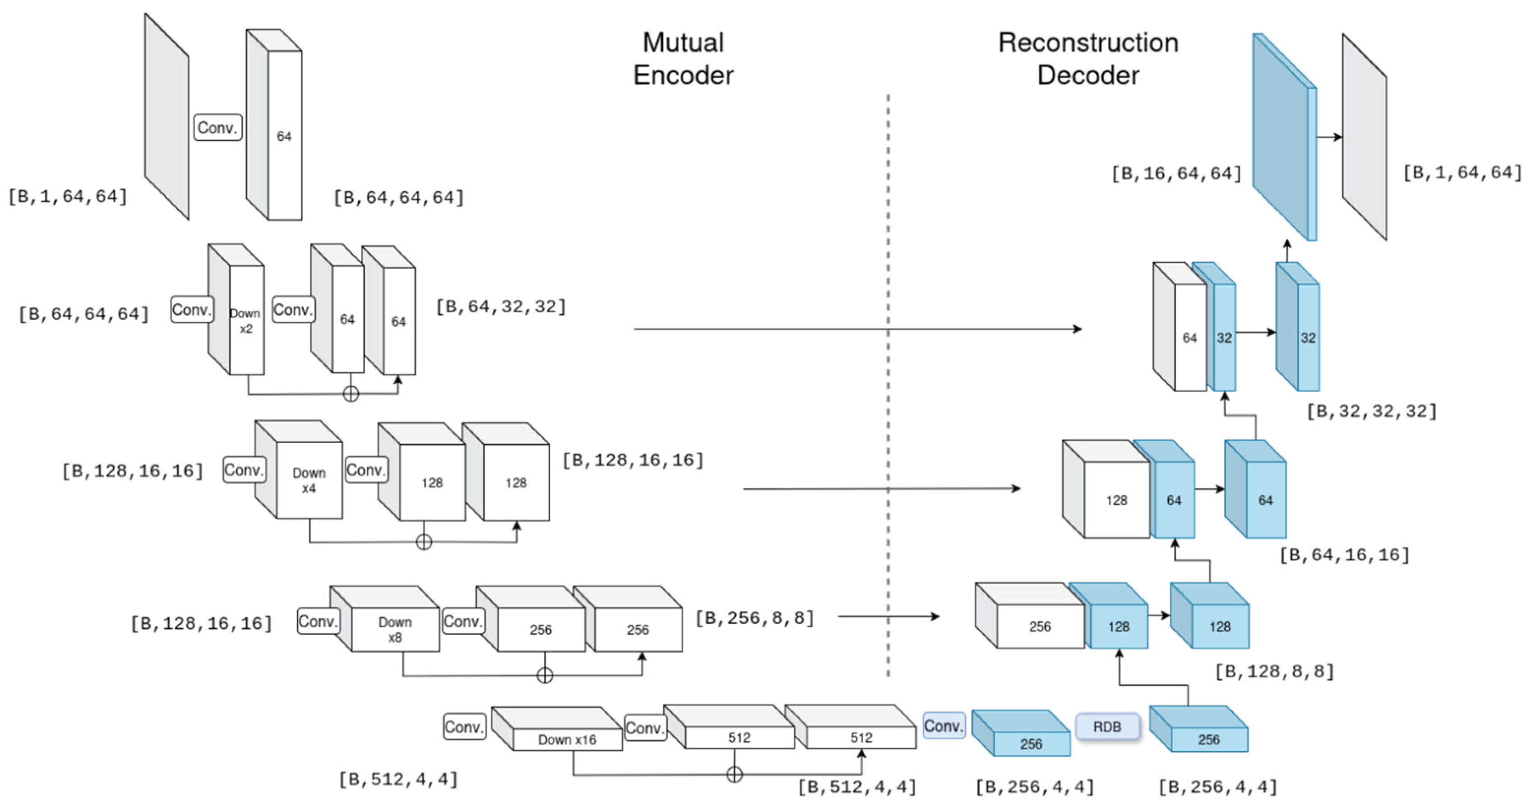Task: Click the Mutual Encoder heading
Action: point(683,59)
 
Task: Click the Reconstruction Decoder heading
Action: point(1088,59)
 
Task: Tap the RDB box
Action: point(1107,726)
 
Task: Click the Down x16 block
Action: point(567,739)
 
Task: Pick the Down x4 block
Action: point(309,480)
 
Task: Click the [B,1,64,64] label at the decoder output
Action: point(1462,172)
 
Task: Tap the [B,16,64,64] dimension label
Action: point(1176,174)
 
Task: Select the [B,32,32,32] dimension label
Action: point(1372,411)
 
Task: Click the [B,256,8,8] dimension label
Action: point(755,618)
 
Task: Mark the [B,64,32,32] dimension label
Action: point(501,306)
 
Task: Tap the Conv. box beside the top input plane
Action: point(218,127)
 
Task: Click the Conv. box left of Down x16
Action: point(464,726)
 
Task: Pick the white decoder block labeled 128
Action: point(1116,500)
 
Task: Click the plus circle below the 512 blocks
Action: point(734,774)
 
